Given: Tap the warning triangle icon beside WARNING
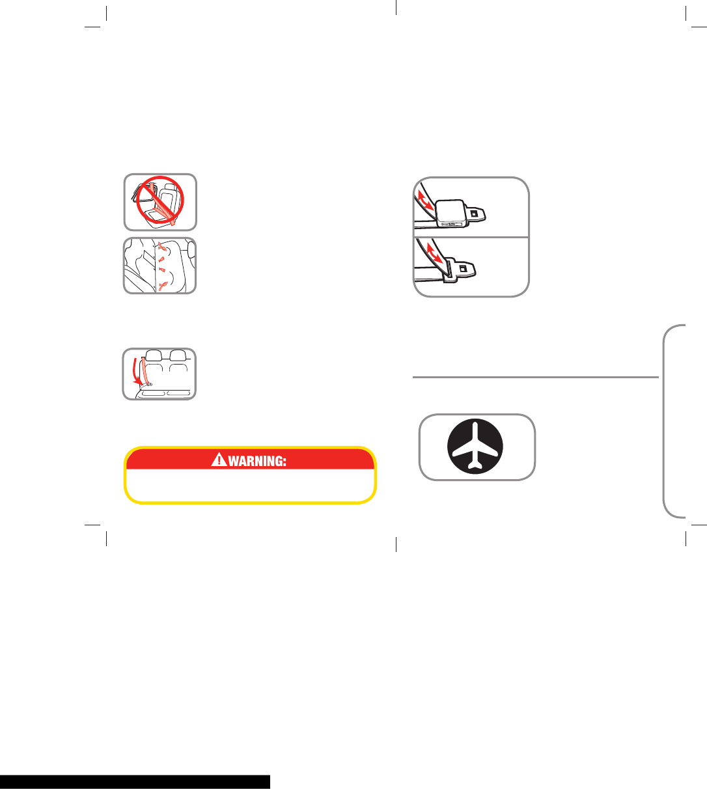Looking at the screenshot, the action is click(x=218, y=460).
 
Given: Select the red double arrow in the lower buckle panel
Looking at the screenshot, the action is click(x=437, y=254).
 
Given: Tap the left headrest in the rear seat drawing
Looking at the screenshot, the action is click(x=154, y=355).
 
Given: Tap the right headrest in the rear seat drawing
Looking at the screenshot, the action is click(x=178, y=355).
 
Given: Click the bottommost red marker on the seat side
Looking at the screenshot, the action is click(x=161, y=284).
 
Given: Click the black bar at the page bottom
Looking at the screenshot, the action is click(x=135, y=781).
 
